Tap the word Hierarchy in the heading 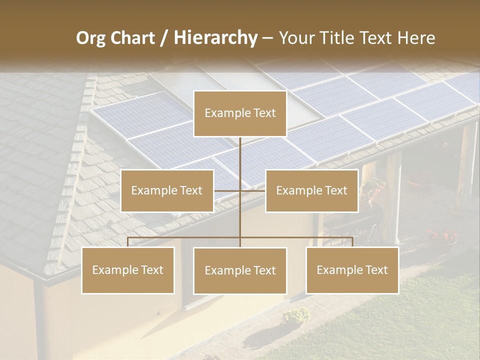[215, 38]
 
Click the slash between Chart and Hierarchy [164, 38]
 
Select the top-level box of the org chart [240, 113]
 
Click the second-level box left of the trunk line [167, 190]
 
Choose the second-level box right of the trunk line [311, 190]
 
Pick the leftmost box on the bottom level [128, 270]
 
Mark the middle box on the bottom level [240, 270]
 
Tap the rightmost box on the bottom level [352, 270]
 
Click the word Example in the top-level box [223, 113]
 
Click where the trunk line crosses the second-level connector [240, 190]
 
